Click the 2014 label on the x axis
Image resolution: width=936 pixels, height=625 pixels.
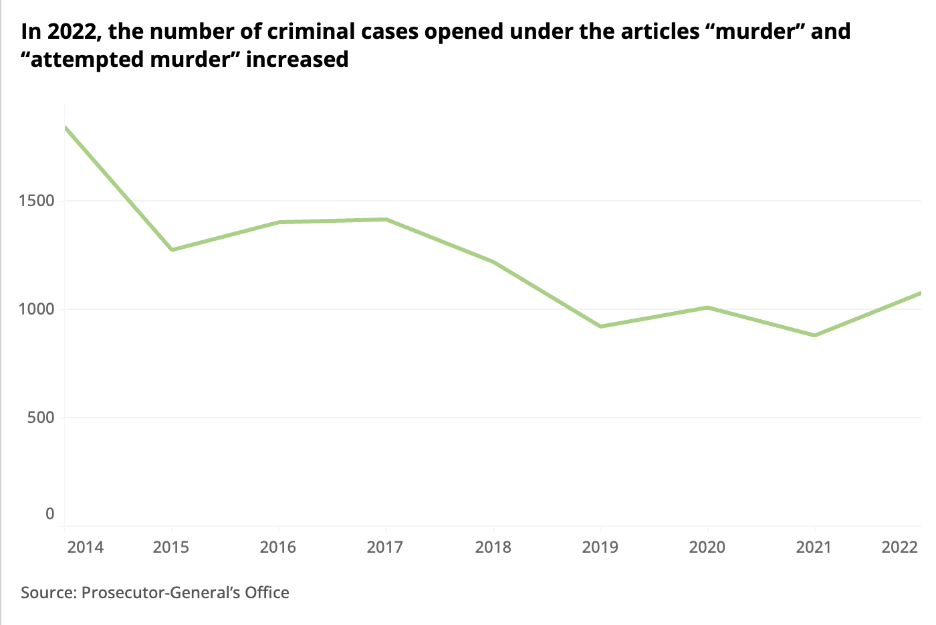[86, 547]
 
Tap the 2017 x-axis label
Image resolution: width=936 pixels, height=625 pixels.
[385, 547]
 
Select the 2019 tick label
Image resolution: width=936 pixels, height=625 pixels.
[600, 547]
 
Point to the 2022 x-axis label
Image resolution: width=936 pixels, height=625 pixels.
[900, 547]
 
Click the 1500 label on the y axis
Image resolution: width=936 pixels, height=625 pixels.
[37, 201]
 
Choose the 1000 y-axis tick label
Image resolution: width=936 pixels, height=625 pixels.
[37, 309]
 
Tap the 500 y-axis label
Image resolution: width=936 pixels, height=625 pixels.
[41, 418]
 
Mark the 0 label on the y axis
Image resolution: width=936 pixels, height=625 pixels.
[50, 514]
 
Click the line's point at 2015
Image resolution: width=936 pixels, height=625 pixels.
[172, 250]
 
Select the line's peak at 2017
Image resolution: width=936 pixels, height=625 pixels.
[386, 219]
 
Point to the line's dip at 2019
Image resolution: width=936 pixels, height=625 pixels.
[600, 327]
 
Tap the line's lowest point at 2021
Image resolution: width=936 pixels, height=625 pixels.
[814, 335]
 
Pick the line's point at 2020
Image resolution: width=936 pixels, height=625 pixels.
[707, 307]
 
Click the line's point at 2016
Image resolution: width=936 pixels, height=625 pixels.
[279, 222]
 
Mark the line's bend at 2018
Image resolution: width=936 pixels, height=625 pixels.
[493, 262]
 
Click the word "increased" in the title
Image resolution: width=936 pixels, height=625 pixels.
[297, 60]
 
